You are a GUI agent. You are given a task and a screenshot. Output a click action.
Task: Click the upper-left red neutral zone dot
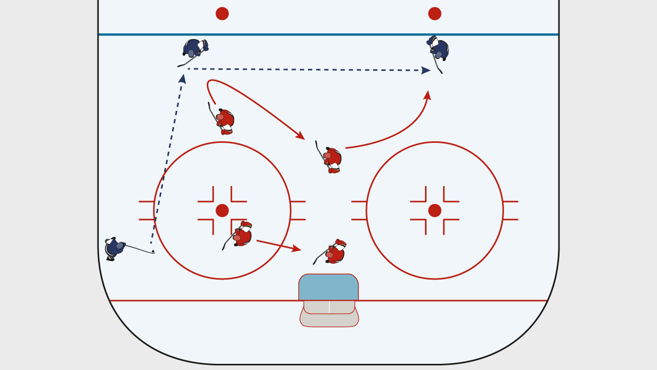coord(222,14)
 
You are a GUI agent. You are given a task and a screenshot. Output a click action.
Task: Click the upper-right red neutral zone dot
coord(435,14)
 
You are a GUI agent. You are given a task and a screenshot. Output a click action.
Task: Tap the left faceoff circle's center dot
coord(222,211)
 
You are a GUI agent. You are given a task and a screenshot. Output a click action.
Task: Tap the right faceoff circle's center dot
coord(435,211)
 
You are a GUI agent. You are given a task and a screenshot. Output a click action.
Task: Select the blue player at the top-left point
coord(194,49)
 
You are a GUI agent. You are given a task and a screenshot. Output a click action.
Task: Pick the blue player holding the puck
coord(114,248)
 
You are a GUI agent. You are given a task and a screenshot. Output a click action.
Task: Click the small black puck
coord(153,251)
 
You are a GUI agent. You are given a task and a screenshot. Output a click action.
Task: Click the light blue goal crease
coord(328,287)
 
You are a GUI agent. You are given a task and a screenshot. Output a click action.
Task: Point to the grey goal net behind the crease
coord(329,314)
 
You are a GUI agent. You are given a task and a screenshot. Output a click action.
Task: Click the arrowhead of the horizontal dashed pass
coord(427,70)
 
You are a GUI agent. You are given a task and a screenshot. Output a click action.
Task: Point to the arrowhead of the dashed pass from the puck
coord(182,78)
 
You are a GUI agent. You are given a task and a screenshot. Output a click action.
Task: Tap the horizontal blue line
coord(328,34)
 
